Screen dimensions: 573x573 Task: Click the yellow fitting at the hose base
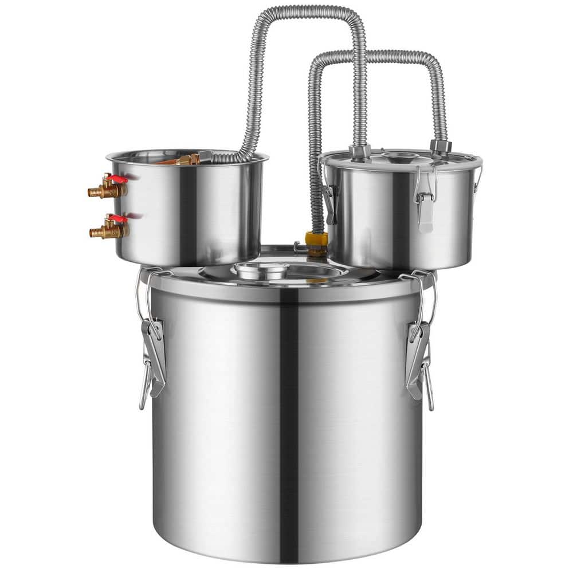pos(316,239)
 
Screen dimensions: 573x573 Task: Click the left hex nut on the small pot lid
pos(359,152)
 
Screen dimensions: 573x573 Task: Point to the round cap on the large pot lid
pos(261,270)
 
